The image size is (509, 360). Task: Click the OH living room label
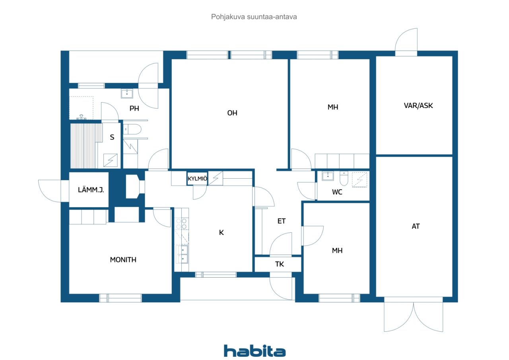232,113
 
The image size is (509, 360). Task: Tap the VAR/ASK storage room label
415,106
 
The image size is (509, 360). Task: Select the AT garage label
416,226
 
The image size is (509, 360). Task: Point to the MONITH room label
123,260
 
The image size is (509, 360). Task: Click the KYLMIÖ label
197,179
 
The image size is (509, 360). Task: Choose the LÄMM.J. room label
91,190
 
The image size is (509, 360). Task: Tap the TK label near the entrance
280,264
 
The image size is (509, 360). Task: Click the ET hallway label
282,221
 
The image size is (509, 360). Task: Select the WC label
337,192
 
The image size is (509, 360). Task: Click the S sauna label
112,137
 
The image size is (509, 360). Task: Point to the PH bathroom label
134,108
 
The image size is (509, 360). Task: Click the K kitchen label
221,232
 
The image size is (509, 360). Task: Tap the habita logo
254,351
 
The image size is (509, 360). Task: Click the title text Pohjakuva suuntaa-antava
254,17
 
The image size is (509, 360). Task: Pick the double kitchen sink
183,254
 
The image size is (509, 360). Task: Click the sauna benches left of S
84,146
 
